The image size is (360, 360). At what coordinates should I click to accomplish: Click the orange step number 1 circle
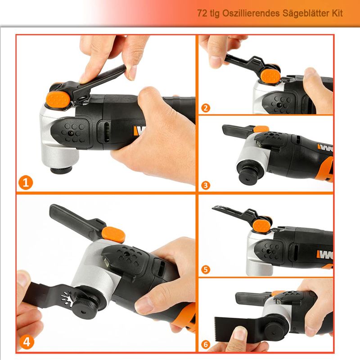pos(26,183)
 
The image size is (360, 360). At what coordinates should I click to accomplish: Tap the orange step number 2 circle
pos(206,108)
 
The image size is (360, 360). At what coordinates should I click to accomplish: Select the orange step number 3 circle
pos(206,185)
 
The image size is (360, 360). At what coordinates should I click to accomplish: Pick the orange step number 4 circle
pos(27,342)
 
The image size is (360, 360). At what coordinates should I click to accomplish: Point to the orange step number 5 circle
pos(206,270)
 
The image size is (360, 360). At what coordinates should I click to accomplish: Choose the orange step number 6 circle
pos(206,344)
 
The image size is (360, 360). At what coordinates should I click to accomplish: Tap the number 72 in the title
pos(202,13)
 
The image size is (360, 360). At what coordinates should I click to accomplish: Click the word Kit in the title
pos(337,13)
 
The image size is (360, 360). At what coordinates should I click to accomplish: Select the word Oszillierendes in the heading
pos(251,13)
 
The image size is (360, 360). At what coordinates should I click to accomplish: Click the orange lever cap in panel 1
pos(58,100)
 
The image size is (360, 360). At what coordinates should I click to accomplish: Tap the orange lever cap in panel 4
pos(113,235)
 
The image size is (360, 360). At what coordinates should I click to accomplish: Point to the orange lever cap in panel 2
pos(270,77)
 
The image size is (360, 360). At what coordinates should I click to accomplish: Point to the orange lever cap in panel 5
pos(262,226)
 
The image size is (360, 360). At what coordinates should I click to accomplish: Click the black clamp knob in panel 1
pos(61,170)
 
